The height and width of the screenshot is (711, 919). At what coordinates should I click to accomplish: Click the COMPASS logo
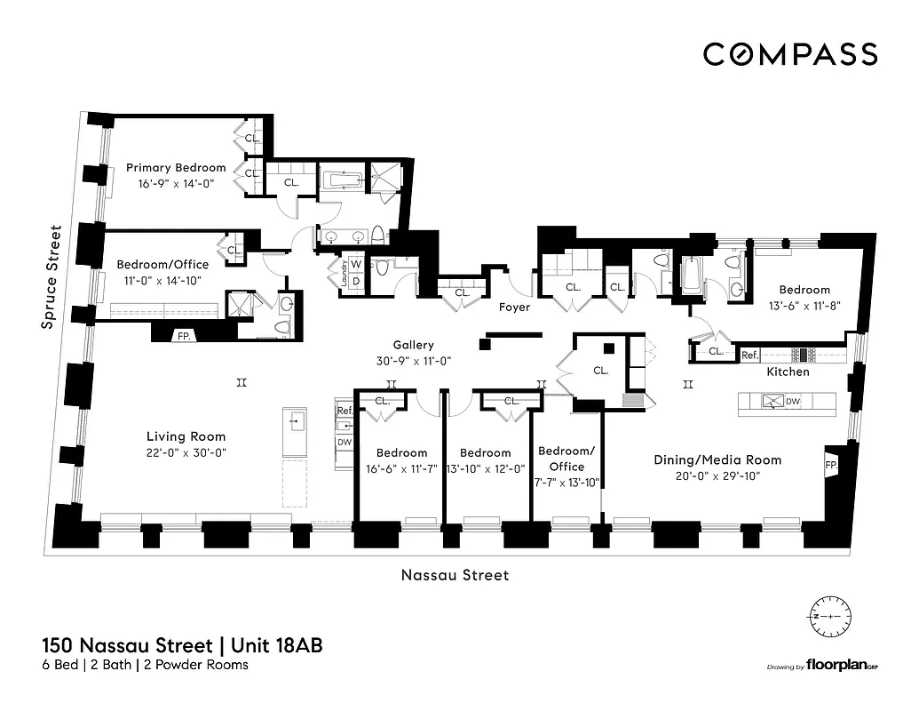click(x=790, y=53)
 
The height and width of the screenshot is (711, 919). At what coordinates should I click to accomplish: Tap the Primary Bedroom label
click(x=176, y=167)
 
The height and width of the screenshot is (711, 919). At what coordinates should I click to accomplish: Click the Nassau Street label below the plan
click(x=456, y=575)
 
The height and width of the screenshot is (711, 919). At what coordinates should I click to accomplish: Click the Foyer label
click(x=514, y=308)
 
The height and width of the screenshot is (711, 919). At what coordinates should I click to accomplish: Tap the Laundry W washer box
click(x=355, y=264)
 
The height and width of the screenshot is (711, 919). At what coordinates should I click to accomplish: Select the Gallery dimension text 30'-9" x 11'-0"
click(x=414, y=362)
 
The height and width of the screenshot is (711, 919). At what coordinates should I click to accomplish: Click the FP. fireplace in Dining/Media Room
click(x=834, y=465)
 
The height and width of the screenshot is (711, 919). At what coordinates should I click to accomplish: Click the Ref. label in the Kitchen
click(x=749, y=355)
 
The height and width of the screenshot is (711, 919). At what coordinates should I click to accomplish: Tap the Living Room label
click(x=186, y=436)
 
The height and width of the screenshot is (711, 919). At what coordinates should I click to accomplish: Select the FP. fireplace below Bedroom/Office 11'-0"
click(x=184, y=336)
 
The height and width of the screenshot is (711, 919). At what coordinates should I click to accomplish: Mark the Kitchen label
click(x=788, y=371)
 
